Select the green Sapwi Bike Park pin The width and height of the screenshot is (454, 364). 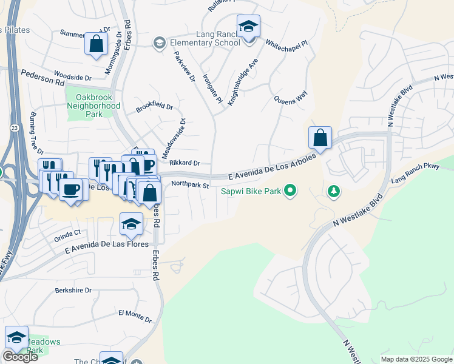pyautogui.click(x=290, y=192)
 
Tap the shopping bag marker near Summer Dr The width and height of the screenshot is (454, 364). pyautogui.click(x=96, y=44)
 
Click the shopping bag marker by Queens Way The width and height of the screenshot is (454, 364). pyautogui.click(x=320, y=138)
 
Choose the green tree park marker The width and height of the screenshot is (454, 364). pyautogui.click(x=333, y=192)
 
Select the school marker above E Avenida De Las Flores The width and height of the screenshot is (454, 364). pyautogui.click(x=131, y=224)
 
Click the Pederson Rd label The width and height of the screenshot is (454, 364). pyautogui.click(x=42, y=76)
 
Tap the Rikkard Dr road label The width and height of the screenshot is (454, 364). pyautogui.click(x=185, y=163)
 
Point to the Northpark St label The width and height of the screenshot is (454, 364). pyautogui.click(x=190, y=184)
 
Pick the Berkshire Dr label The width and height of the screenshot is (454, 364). pyautogui.click(x=73, y=291)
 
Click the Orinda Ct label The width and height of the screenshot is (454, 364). pyautogui.click(x=67, y=233)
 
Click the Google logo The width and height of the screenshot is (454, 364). pyautogui.click(x=20, y=357)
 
